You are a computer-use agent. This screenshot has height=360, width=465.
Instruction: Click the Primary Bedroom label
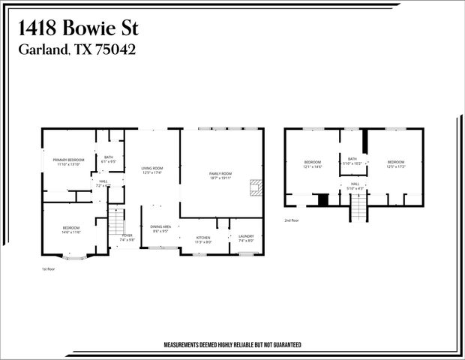click(x=68, y=160)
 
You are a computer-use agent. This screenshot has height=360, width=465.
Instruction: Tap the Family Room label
click(x=220, y=173)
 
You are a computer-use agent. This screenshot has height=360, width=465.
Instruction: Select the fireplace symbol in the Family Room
click(x=256, y=187)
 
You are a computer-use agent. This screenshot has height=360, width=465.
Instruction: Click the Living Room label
click(x=152, y=168)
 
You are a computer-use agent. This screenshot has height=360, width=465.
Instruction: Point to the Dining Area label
click(x=161, y=226)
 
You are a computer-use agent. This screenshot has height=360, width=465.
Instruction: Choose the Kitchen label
click(x=203, y=238)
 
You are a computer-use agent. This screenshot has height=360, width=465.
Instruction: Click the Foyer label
click(x=127, y=235)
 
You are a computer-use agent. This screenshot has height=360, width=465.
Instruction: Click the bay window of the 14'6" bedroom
click(x=73, y=257)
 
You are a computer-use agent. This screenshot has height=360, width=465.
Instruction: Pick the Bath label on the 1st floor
click(x=109, y=157)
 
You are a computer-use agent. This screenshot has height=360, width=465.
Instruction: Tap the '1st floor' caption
click(x=48, y=268)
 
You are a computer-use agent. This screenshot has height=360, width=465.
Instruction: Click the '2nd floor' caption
click(x=291, y=220)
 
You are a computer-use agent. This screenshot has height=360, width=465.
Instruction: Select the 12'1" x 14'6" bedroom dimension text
click(x=312, y=166)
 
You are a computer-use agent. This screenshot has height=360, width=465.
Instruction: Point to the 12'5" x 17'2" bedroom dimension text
click(x=395, y=166)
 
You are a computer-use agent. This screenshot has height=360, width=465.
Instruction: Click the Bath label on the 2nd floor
click(x=352, y=158)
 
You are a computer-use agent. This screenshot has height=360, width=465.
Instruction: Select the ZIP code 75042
click(x=112, y=49)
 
